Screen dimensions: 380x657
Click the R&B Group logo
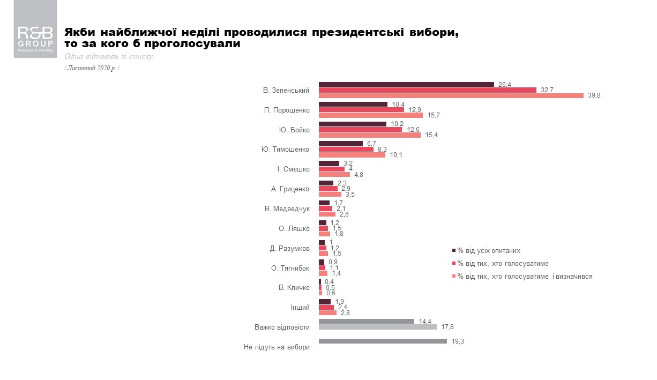point(35,36)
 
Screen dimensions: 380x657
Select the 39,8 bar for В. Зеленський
point(451,96)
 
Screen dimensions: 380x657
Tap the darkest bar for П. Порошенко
point(353,104)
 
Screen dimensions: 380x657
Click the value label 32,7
point(547,90)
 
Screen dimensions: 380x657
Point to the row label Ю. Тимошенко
point(285,150)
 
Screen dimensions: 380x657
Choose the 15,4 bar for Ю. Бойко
point(370,135)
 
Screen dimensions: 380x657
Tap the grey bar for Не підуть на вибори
point(383,341)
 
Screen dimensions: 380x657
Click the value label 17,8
point(447,327)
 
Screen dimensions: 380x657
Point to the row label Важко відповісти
point(282,327)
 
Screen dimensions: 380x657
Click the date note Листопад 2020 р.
point(92,68)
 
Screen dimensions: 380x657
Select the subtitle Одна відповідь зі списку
point(108,56)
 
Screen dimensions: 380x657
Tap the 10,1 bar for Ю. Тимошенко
point(352,155)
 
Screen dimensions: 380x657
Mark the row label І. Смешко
point(293,169)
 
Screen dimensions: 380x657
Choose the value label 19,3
point(457,341)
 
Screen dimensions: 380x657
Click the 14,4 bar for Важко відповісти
point(366,321)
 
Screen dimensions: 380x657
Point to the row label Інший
point(300,307)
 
